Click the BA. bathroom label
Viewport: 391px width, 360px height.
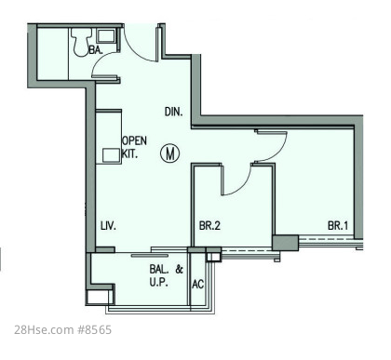[x=96, y=49]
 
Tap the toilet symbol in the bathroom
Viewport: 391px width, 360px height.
[x=81, y=42]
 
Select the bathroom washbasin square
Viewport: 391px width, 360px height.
[x=106, y=36]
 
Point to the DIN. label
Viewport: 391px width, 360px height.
[x=173, y=112]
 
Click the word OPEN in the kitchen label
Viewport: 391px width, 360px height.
[x=134, y=140]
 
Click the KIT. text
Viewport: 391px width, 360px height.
[x=129, y=154]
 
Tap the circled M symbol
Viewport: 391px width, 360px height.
[x=170, y=153]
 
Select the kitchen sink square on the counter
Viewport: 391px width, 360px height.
[x=112, y=155]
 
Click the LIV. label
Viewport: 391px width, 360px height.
[x=108, y=226]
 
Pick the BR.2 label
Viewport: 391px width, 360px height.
[x=209, y=225]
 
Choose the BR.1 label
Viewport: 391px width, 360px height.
[x=338, y=225]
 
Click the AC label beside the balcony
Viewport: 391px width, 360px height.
[x=198, y=284]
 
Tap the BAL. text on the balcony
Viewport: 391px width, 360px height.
[x=159, y=269]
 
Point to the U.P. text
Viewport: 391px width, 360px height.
[x=159, y=283]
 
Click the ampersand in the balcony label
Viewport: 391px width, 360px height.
[x=180, y=269]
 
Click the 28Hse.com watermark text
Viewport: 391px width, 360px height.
[x=44, y=329]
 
